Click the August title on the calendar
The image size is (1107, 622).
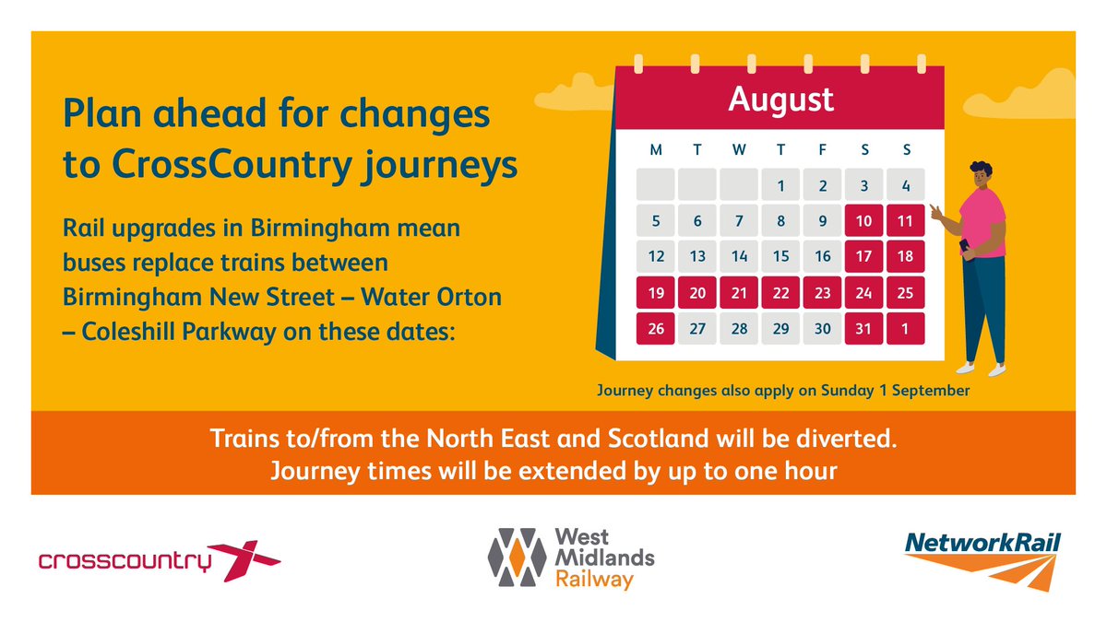(780, 99)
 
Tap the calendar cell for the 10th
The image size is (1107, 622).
(863, 221)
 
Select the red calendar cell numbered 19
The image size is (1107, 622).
(655, 292)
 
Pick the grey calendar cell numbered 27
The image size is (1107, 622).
(697, 327)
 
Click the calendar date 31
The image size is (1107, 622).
(863, 327)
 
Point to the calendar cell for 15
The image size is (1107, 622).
(780, 256)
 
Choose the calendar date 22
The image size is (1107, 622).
(780, 292)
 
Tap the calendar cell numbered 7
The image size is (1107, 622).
(739, 221)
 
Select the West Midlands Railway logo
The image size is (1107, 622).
(571, 557)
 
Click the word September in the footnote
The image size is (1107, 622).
(927, 391)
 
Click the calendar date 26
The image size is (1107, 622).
(655, 327)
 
